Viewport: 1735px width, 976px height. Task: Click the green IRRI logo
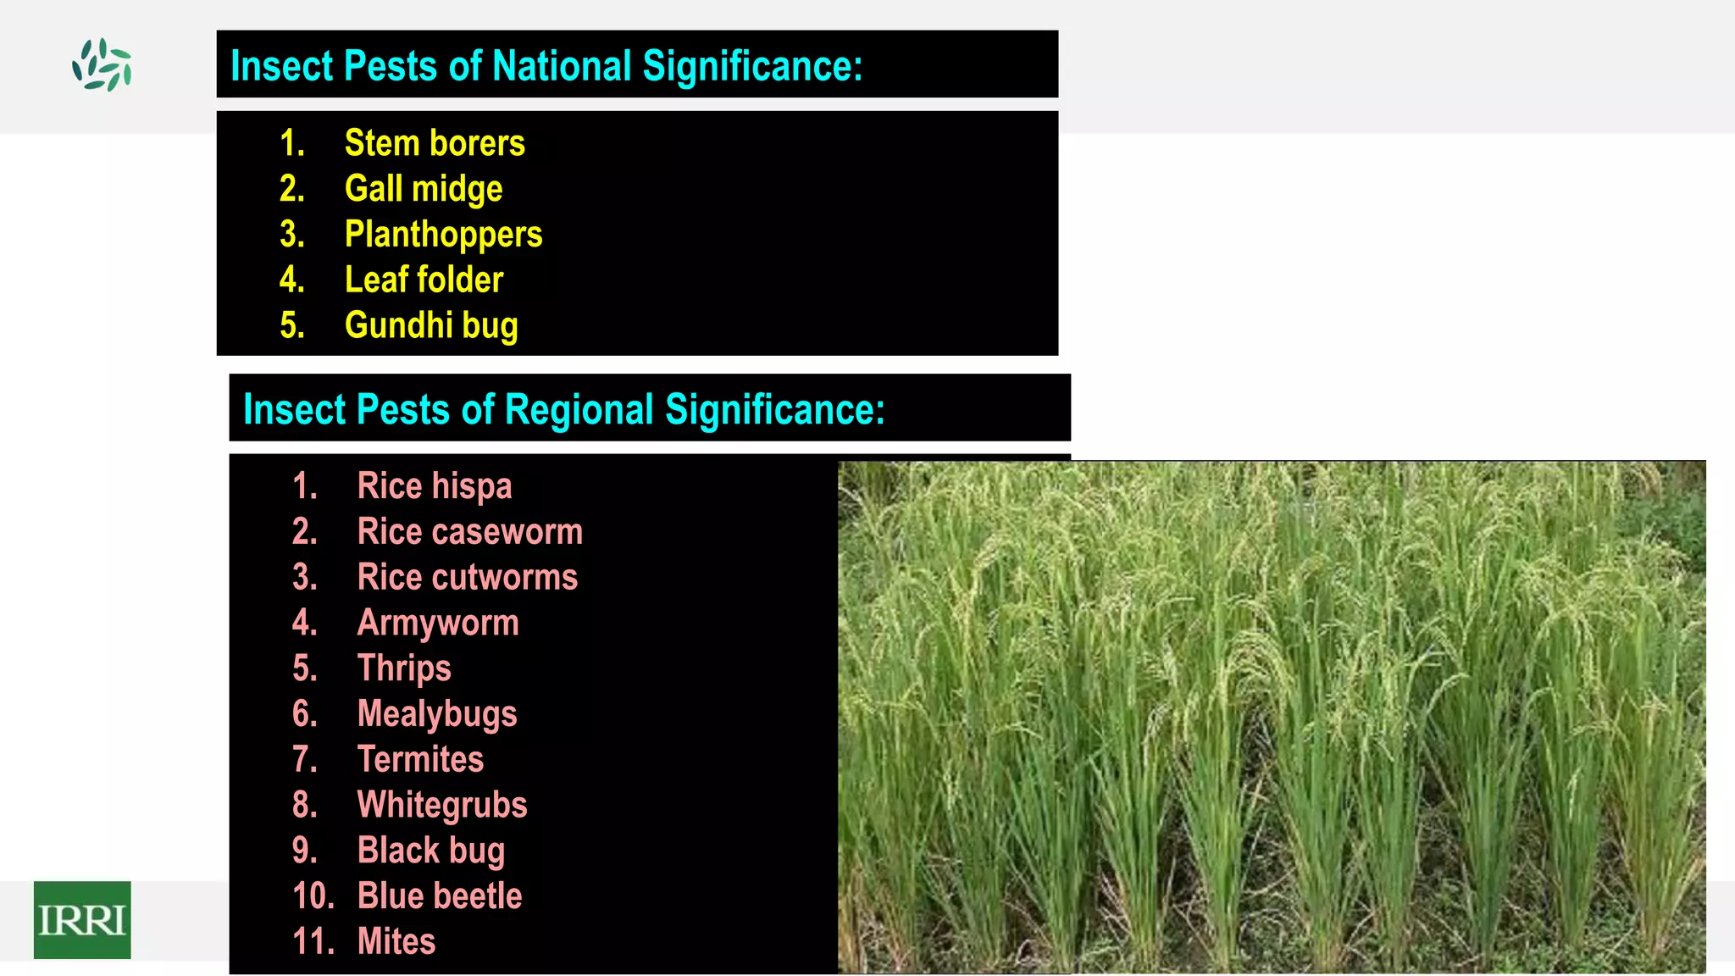tap(82, 919)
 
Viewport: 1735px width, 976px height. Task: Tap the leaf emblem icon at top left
tap(103, 64)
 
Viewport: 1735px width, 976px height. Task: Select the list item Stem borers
tap(435, 143)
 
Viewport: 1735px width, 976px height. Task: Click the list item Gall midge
tap(424, 189)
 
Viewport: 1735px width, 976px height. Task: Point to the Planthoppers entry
tap(443, 235)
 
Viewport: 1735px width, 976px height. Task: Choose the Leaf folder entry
tap(424, 280)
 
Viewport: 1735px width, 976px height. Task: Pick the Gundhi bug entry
tap(431, 326)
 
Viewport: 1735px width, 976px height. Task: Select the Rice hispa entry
tap(435, 486)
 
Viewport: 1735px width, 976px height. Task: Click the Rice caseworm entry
tap(470, 532)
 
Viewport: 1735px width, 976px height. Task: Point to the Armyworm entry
tap(438, 624)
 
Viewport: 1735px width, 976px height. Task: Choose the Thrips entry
tap(404, 668)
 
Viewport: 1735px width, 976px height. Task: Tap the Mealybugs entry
tap(437, 714)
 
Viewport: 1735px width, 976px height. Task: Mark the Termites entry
tap(420, 759)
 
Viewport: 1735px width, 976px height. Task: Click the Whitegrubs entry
tap(442, 805)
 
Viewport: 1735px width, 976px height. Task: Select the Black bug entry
tap(431, 851)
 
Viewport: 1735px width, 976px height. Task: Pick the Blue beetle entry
tap(440, 896)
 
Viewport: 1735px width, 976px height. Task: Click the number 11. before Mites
tap(312, 942)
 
